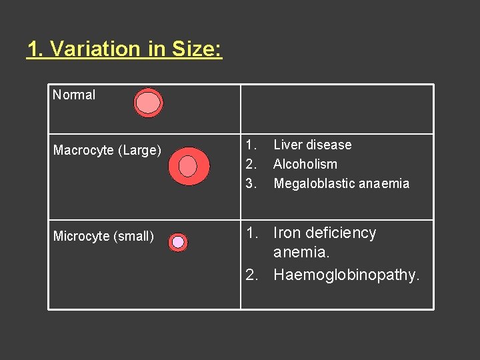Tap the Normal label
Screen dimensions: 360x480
pos(74,95)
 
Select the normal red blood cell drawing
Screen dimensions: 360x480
pos(148,103)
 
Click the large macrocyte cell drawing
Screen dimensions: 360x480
pos(189,166)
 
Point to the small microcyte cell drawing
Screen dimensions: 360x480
pos(178,242)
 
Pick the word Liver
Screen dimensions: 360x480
pos(288,145)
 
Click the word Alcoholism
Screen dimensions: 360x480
pos(305,164)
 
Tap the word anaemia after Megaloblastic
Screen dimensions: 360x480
pos(385,183)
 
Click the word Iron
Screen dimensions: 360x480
pos(288,233)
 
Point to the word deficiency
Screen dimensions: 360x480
pos(343,233)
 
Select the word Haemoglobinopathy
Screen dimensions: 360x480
pos(346,275)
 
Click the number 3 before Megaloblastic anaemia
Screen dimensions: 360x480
pos(250,183)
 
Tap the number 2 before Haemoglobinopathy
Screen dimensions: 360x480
pos(251,275)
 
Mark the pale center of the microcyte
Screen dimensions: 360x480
pos(178,242)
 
